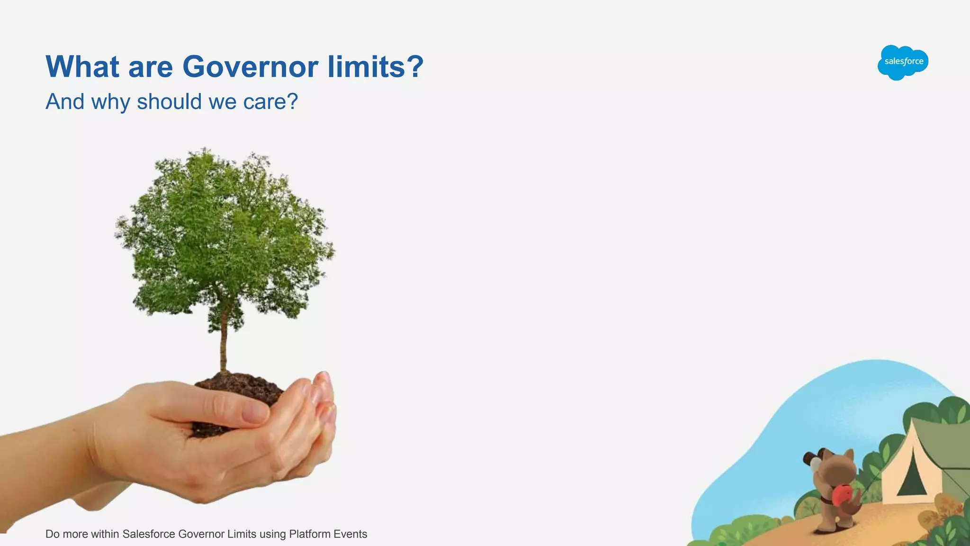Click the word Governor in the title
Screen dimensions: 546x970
point(250,66)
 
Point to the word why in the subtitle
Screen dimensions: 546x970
point(110,101)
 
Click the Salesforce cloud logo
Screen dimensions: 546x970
point(903,62)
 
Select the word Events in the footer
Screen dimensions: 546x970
point(350,534)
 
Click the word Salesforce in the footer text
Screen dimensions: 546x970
point(149,534)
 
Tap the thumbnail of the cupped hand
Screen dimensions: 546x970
point(256,410)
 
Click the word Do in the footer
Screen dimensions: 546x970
point(52,534)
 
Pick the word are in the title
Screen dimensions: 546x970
point(151,66)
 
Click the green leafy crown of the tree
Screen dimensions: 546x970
point(223,232)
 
